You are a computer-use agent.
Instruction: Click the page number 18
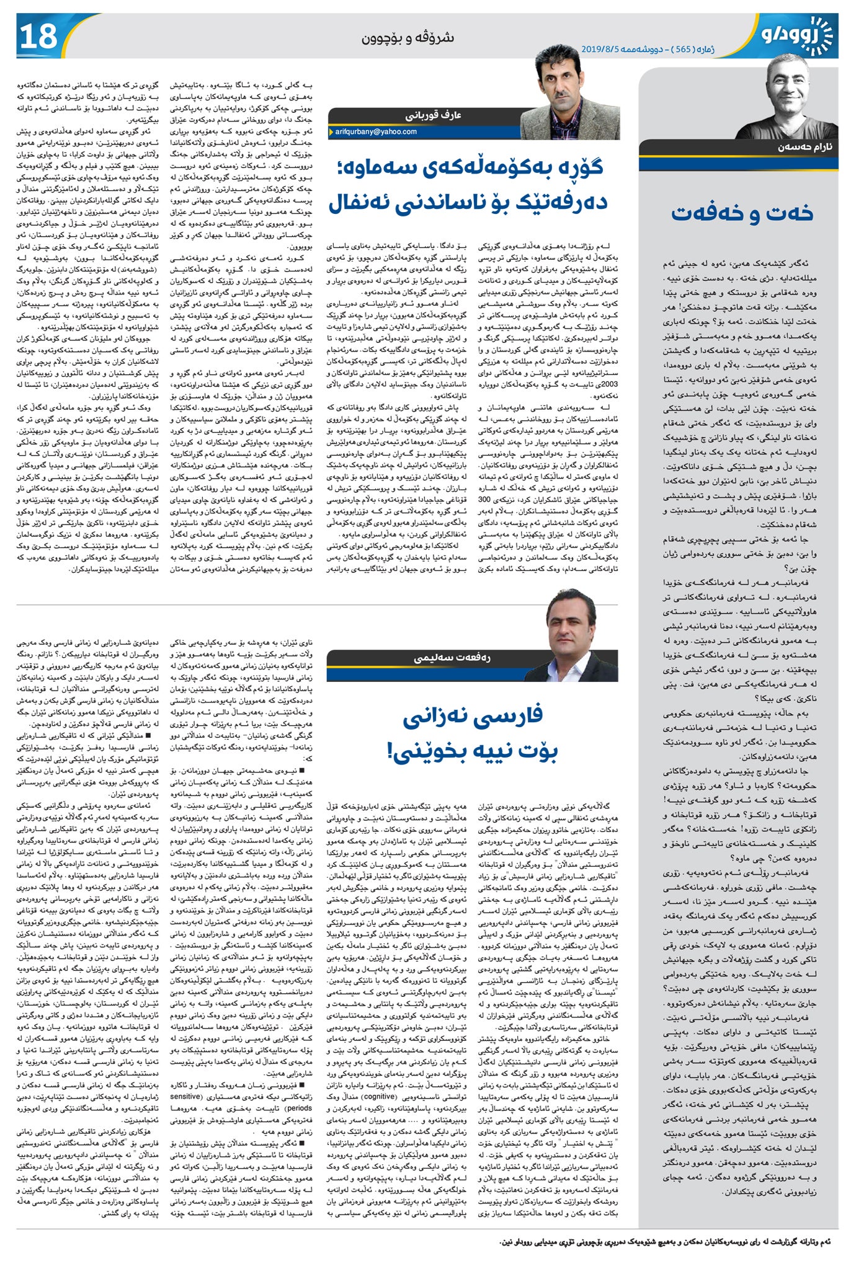point(39,37)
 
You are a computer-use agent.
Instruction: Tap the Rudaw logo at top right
point(796,34)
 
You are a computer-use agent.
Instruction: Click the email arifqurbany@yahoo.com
point(376,132)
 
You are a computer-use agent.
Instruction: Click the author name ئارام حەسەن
point(805,148)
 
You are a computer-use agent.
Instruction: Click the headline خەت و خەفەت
point(741,213)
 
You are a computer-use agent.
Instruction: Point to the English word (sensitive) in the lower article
point(185,1096)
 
